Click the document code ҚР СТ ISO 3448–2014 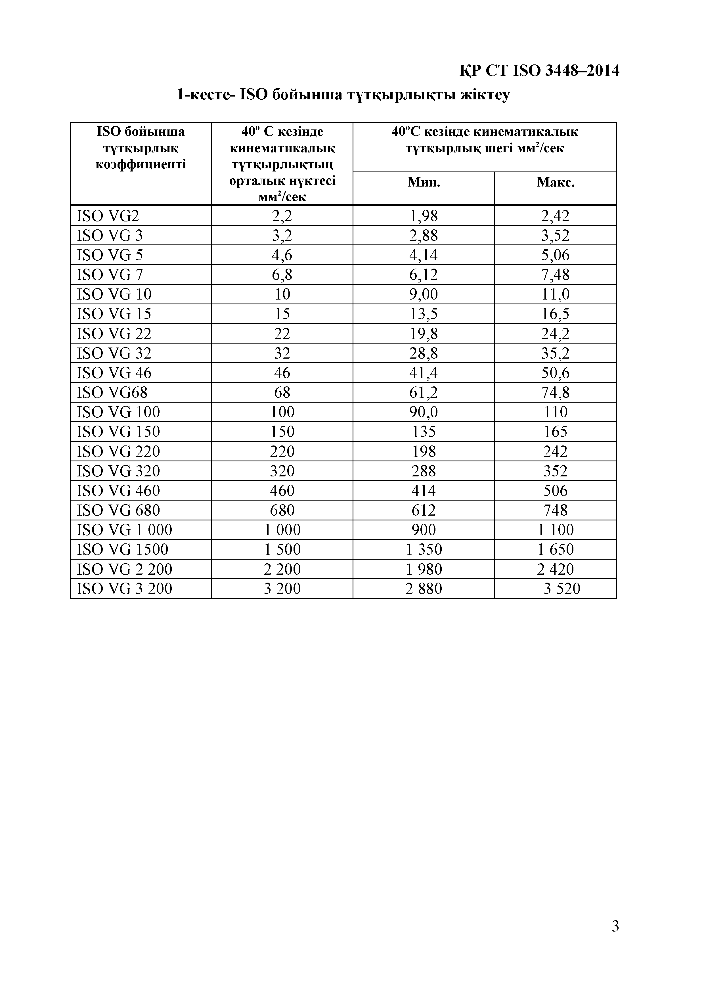coord(539,71)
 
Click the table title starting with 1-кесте coord(343,94)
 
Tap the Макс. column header coord(555,182)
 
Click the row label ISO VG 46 coord(114,373)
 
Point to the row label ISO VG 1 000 coord(125,530)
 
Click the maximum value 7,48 coord(555,275)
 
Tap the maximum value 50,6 coord(555,373)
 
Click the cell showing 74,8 coord(555,393)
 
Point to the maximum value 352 coord(555,471)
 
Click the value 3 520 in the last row coord(562,589)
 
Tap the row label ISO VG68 coord(112,393)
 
